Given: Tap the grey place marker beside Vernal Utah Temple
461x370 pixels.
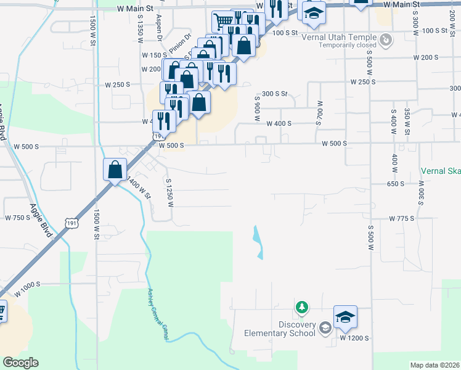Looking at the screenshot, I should (386, 41).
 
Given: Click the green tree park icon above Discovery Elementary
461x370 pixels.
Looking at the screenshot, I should (301, 306).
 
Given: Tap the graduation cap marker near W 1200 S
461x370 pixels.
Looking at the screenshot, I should (345, 317).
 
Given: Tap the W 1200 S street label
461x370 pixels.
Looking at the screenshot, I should (354, 339).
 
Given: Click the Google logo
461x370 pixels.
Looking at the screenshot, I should (20, 363).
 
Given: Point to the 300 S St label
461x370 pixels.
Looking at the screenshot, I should (275, 94).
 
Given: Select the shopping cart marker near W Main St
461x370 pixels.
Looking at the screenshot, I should (222, 22).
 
